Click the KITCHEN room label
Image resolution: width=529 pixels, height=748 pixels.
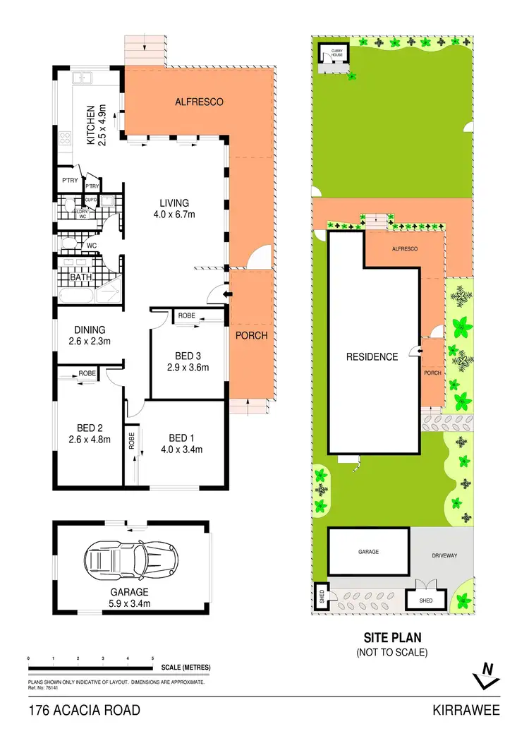pos(95,125)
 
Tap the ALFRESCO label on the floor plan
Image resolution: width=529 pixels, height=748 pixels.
pos(199,102)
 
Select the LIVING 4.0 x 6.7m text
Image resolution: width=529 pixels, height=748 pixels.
pos(174,209)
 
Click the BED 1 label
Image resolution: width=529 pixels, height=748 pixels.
pos(182,442)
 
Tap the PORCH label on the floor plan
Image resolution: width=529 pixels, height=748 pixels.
pos(251,335)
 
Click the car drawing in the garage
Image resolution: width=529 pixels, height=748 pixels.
pos(130,562)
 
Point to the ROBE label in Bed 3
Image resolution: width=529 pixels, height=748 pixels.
pos(187,315)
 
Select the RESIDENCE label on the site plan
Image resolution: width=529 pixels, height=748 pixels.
pos(372,357)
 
